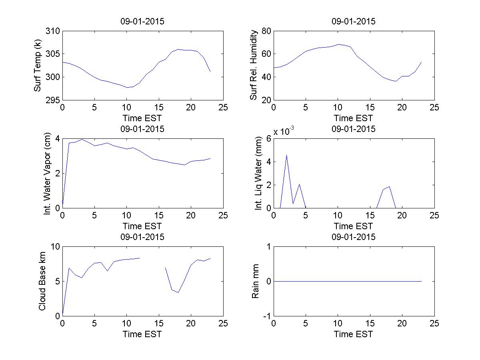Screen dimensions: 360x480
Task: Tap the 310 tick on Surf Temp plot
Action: click(53, 31)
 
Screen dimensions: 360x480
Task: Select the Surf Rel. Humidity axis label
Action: click(253, 66)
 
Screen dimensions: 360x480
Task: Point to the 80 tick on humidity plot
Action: click(266, 31)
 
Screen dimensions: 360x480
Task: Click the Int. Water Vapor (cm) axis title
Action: click(48, 173)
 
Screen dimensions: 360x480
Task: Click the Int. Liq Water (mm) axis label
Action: click(258, 173)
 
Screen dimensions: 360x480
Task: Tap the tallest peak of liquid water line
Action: click(286, 155)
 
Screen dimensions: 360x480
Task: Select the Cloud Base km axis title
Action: click(42, 281)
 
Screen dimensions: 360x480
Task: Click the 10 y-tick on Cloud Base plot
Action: click(55, 247)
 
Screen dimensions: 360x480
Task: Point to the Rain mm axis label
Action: click(255, 281)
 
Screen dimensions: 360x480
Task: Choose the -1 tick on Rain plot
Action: click(266, 316)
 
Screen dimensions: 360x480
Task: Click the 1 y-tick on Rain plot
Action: click(268, 247)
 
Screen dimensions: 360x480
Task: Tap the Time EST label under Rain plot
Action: click(353, 334)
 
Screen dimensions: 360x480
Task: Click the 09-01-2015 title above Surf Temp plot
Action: click(142, 22)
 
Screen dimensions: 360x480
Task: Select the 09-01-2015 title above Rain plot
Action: click(353, 237)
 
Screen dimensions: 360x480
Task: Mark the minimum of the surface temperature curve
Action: click(127, 87)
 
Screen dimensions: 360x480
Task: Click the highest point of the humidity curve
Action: click(338, 44)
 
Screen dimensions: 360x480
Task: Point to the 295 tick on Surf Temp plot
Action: click(53, 100)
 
